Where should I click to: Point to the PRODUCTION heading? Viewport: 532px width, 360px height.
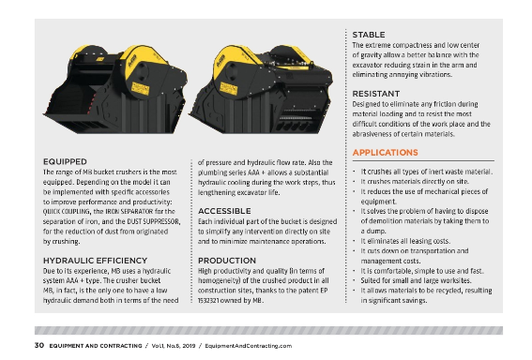pyautogui.click(x=227, y=260)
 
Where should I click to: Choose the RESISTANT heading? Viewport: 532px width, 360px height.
pyautogui.click(x=377, y=95)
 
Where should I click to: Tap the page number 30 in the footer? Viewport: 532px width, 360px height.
pyautogui.click(x=39, y=346)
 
